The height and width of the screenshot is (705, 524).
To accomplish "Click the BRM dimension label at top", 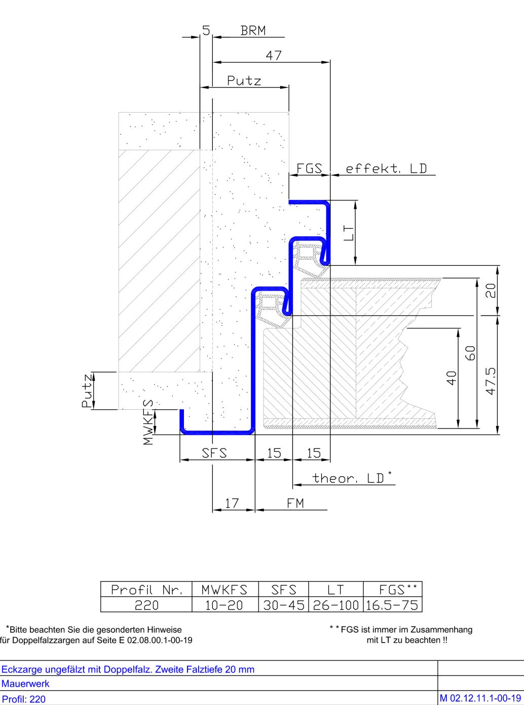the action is (x=253, y=30).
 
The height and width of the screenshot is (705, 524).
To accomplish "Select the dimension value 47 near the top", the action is (x=274, y=56).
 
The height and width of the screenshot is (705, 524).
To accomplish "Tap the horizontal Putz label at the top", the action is (x=244, y=81).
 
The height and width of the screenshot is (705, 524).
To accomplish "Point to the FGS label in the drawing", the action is (x=309, y=168).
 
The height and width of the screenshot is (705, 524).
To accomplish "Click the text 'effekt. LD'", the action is (x=386, y=168).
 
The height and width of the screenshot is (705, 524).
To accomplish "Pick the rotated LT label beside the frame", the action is (x=348, y=233).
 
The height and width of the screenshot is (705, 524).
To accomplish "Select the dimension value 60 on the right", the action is (x=471, y=352).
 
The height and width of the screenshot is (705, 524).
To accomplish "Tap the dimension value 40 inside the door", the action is (x=451, y=378).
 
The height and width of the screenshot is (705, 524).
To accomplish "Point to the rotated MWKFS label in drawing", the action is (x=148, y=422).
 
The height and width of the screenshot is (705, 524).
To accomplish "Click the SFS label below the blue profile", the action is (x=214, y=453).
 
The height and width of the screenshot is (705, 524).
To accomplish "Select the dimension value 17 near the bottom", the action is (x=232, y=503).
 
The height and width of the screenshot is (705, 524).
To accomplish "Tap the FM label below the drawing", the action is (x=295, y=503).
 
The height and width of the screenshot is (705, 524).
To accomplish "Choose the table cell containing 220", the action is (x=146, y=605).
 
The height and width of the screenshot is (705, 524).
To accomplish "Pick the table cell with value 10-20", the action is (x=225, y=605).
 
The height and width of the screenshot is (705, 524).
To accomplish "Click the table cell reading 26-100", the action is (x=335, y=605).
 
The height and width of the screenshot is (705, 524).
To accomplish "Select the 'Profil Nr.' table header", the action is (x=146, y=590).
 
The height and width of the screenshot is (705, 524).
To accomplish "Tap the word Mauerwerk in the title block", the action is (x=25, y=683).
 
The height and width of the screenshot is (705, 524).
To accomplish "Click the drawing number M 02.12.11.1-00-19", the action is (x=480, y=698).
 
